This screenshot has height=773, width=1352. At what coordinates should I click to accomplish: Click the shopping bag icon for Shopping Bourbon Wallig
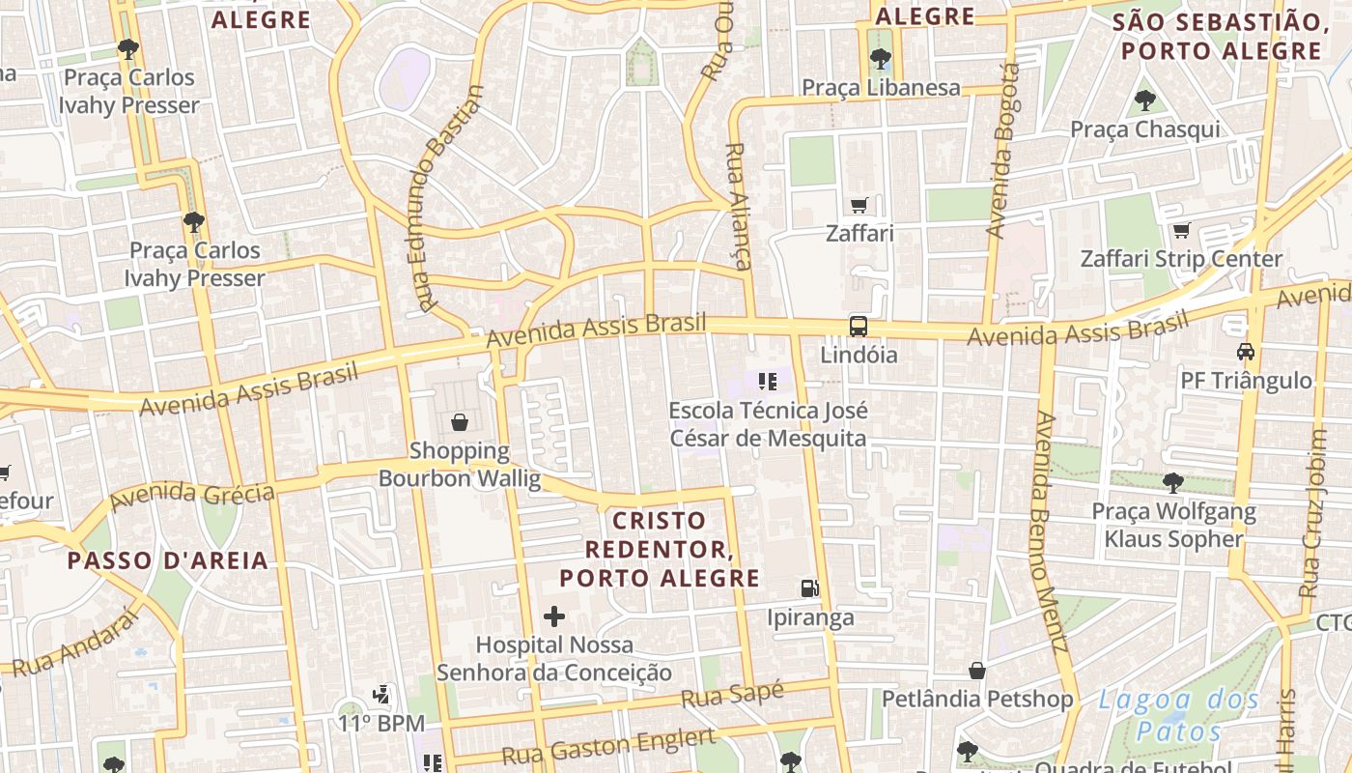click(460, 422)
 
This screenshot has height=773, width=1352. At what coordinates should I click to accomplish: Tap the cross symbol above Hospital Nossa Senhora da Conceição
click(554, 616)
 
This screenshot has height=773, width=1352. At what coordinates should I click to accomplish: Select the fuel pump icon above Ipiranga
click(809, 587)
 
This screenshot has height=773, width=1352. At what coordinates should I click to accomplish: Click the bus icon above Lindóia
click(858, 326)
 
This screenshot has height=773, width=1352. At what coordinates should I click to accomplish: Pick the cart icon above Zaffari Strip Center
click(1181, 230)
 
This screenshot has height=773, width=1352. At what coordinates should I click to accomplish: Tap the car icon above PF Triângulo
click(1246, 351)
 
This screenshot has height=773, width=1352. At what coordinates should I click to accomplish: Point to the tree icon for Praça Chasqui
click(1145, 100)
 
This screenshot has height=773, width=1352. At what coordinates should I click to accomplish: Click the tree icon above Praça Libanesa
click(880, 59)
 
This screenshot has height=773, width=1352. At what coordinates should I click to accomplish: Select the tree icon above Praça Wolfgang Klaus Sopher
click(1173, 481)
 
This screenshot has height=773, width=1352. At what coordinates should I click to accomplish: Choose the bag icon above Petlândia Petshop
click(977, 670)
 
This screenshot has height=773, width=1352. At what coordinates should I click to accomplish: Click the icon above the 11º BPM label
click(382, 694)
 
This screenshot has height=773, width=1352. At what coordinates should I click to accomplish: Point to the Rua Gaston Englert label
click(608, 747)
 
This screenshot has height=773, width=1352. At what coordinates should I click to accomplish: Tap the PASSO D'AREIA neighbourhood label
click(167, 560)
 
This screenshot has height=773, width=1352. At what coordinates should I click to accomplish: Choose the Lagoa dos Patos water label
click(1179, 714)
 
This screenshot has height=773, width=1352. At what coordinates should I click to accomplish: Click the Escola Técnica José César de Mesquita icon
click(768, 381)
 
